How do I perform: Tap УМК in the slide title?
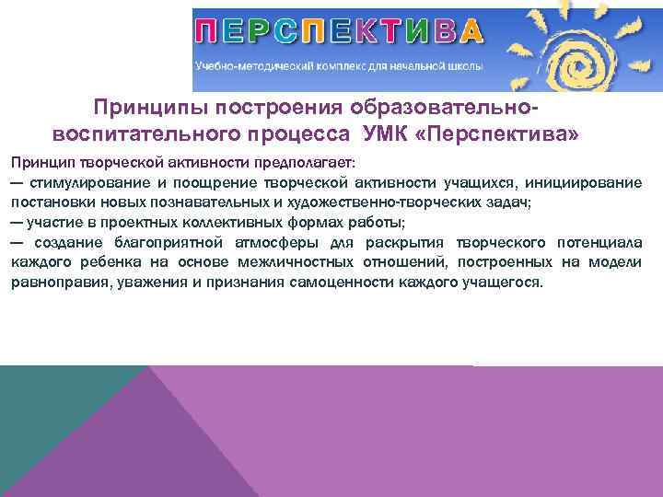point(376,135)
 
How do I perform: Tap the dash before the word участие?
point(17,222)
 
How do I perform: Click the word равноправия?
point(56,283)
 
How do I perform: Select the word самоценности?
point(344,283)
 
